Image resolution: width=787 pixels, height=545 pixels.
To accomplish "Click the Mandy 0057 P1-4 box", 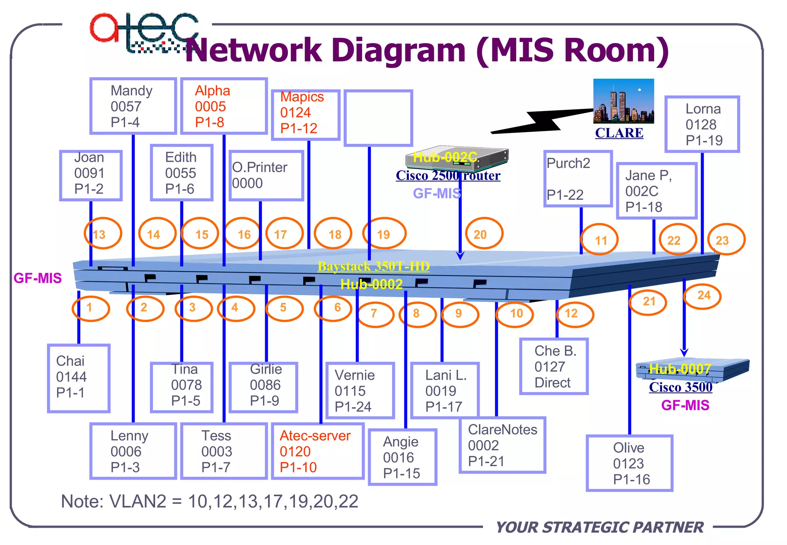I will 133,106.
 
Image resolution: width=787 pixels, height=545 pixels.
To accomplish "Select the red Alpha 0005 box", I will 224,106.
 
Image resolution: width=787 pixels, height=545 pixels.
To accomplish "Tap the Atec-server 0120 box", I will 317,451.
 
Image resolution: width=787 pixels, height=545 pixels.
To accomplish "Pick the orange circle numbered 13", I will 103,234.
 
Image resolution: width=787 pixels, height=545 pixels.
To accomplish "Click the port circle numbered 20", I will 484,234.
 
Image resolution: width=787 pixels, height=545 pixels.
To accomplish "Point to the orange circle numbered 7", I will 375,314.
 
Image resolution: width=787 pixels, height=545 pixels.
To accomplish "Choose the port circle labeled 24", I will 702,296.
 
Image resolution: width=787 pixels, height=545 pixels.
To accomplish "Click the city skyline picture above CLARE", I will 623,101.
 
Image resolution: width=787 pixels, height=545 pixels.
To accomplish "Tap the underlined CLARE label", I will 619,133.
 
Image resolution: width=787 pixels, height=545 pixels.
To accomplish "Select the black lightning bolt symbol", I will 542,121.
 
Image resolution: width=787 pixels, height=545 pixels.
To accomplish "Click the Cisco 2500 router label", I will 448,176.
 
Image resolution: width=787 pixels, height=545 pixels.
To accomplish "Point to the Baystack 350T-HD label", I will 374,266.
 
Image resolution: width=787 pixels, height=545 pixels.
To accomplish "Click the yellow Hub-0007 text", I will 680,369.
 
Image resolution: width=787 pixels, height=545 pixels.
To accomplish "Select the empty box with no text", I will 378,118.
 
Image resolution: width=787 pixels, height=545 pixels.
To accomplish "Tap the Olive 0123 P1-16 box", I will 629,463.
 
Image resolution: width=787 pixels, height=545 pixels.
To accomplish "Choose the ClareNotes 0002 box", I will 502,445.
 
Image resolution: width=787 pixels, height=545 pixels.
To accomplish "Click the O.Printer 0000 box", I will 266,175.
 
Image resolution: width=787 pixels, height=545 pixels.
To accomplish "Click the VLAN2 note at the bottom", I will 210,501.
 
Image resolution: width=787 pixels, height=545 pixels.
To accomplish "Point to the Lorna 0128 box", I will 702,124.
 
